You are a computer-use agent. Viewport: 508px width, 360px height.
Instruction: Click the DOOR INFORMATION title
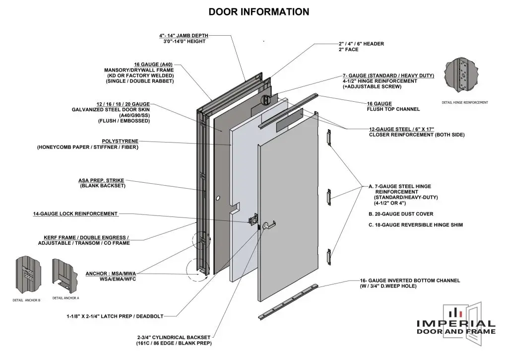click(x=258, y=12)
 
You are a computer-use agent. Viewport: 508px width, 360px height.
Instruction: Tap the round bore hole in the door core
click(x=217, y=198)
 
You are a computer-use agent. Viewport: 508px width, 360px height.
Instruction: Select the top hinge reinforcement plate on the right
click(x=328, y=136)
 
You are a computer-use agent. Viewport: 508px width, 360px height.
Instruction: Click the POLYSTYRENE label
click(x=116, y=141)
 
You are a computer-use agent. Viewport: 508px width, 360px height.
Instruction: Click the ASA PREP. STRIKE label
click(x=101, y=181)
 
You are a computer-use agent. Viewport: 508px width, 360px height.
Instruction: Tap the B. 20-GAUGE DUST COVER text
click(x=401, y=214)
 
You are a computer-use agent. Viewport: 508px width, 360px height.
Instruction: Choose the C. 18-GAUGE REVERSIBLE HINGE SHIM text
click(x=416, y=225)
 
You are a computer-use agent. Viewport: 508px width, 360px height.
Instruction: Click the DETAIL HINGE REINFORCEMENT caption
click(x=464, y=103)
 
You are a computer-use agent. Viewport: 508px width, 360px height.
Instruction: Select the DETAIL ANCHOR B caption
click(x=26, y=300)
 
